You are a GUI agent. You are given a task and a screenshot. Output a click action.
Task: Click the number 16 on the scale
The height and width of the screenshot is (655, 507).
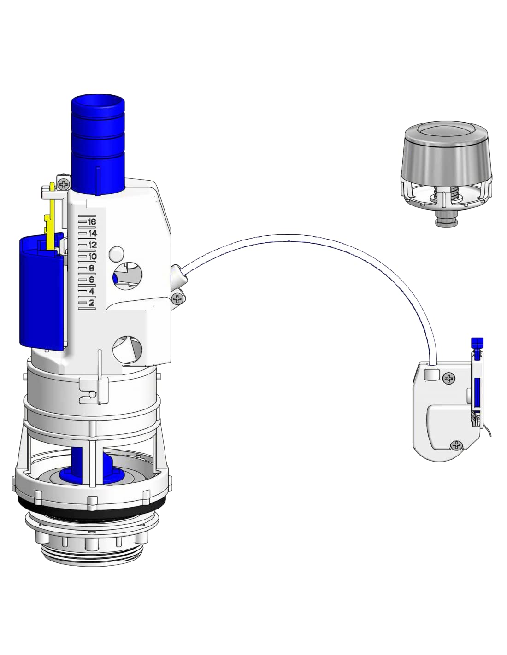(x=91, y=222)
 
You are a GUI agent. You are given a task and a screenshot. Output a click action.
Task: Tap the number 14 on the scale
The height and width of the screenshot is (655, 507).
(x=93, y=234)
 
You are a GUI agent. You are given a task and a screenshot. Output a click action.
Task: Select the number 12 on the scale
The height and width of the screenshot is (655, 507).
(x=93, y=245)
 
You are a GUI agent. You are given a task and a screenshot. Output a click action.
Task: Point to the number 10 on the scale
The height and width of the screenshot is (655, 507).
(x=93, y=257)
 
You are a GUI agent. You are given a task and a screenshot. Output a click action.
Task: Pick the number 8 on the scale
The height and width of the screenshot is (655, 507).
(x=91, y=268)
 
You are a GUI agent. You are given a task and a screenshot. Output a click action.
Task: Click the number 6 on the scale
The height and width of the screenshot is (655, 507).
(x=91, y=280)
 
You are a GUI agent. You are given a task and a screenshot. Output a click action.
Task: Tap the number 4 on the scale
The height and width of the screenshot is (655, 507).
(x=91, y=291)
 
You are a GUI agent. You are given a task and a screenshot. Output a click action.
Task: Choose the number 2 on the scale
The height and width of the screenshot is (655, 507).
(x=91, y=303)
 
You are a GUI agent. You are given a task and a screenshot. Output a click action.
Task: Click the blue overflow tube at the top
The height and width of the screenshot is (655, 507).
(x=98, y=145)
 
